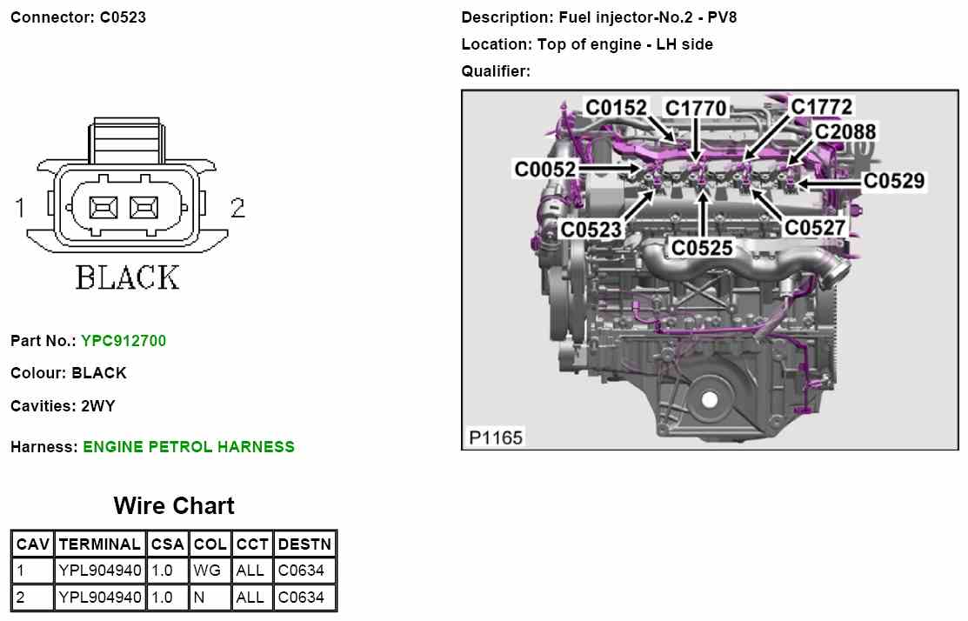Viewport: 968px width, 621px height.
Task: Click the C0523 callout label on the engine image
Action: (x=591, y=230)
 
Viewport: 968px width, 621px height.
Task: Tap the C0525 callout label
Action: (x=702, y=248)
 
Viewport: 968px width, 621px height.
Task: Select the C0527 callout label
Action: (x=814, y=227)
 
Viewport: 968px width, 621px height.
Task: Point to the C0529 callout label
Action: (x=894, y=180)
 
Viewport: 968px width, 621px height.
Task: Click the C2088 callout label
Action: (x=845, y=131)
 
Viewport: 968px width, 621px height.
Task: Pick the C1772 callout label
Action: (x=821, y=106)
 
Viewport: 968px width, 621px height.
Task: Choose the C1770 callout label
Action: (x=696, y=108)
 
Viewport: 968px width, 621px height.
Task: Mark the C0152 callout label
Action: (x=616, y=107)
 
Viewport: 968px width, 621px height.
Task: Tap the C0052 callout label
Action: (x=545, y=169)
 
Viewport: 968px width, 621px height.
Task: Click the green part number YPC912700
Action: (x=124, y=341)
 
